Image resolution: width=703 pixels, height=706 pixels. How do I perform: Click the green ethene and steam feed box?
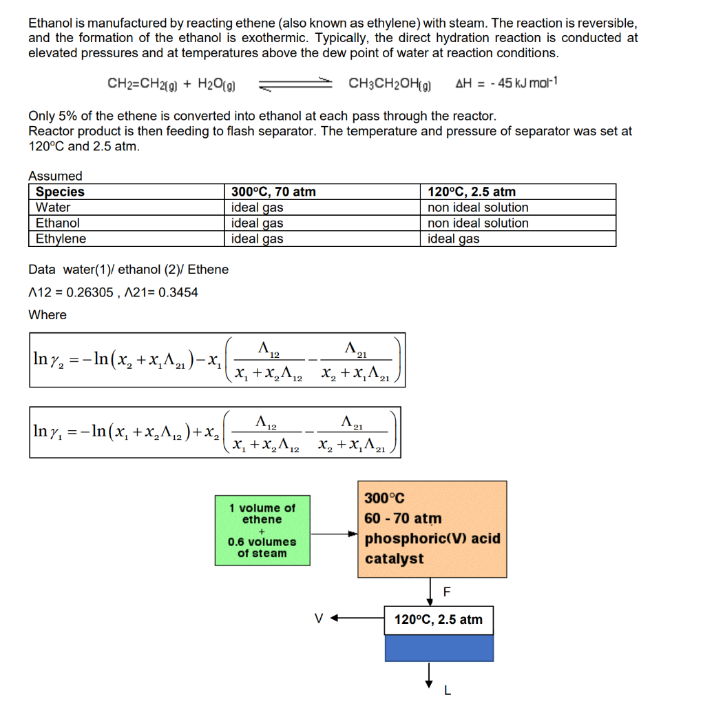(x=262, y=530)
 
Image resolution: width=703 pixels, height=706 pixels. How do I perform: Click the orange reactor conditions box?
(x=432, y=529)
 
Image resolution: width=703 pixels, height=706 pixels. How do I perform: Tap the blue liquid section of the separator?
(x=439, y=648)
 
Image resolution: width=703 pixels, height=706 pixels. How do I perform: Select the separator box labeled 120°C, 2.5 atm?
(x=439, y=620)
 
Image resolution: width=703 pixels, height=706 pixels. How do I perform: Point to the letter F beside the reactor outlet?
(x=447, y=592)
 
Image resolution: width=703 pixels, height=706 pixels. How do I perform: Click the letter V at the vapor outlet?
(x=317, y=618)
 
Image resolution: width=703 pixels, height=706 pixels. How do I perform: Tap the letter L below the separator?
(x=447, y=689)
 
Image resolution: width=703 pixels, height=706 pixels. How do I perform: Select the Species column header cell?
(x=61, y=192)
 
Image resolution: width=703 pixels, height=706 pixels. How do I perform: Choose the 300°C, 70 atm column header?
(x=273, y=192)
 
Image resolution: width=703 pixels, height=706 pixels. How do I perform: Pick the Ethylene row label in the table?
(x=61, y=239)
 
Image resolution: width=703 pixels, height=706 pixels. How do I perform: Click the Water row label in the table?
(x=53, y=208)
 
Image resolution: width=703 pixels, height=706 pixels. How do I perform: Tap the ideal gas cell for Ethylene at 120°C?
(x=453, y=239)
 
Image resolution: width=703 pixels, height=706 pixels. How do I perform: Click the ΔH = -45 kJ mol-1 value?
(x=506, y=84)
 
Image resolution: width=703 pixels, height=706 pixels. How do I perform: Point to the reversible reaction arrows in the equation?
(x=295, y=85)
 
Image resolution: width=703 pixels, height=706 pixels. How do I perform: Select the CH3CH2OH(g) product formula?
(x=390, y=84)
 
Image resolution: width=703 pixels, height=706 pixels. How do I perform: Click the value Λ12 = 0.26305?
(x=71, y=292)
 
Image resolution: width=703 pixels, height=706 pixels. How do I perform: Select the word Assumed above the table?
(x=55, y=176)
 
